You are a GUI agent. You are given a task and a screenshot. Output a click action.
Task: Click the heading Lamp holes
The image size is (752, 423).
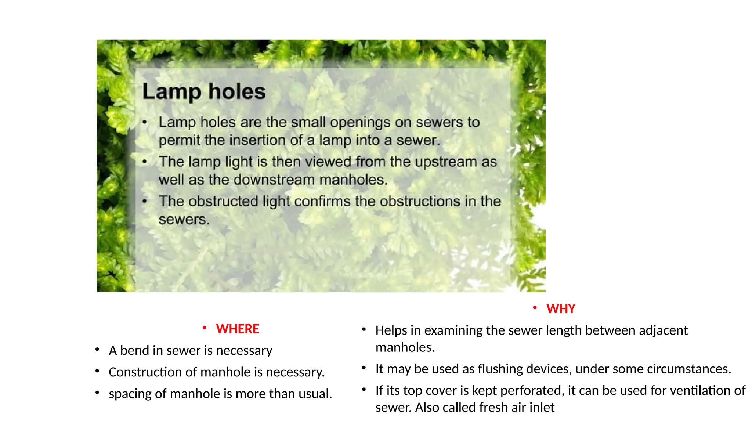point(204,91)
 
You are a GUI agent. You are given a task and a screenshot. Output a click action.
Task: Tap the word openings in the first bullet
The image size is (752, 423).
point(360,123)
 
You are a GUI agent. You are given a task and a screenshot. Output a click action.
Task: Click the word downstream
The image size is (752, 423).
point(274,180)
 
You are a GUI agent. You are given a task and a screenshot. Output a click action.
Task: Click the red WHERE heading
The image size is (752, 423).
point(238,329)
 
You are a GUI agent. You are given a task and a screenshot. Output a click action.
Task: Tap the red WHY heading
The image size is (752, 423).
point(561,309)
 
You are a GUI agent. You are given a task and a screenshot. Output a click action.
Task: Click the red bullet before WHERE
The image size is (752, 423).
point(205,328)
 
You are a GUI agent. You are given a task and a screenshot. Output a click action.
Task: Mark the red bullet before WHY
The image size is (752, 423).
point(535,307)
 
